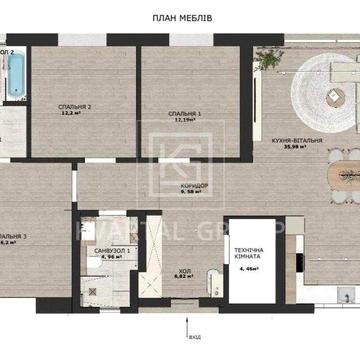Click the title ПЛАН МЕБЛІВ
coord(180,18)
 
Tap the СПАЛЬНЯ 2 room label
coord(70,107)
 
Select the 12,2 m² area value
coord(70,114)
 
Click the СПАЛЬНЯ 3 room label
coord(10,235)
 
